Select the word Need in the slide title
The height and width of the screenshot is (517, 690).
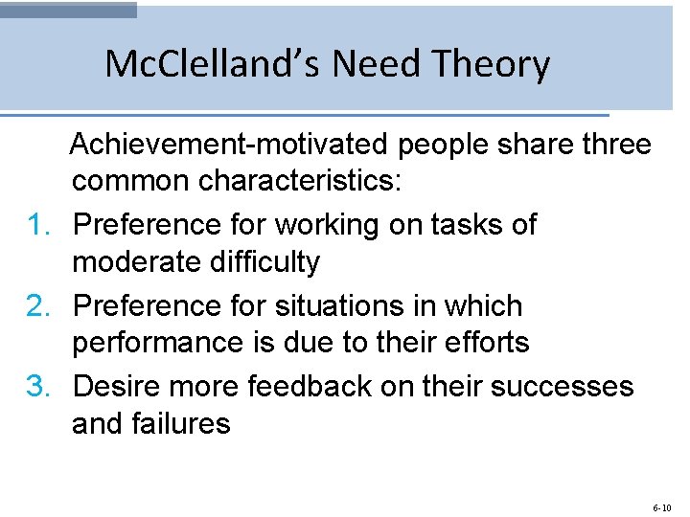pos(383,64)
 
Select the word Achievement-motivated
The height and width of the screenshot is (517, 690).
pos(230,146)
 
